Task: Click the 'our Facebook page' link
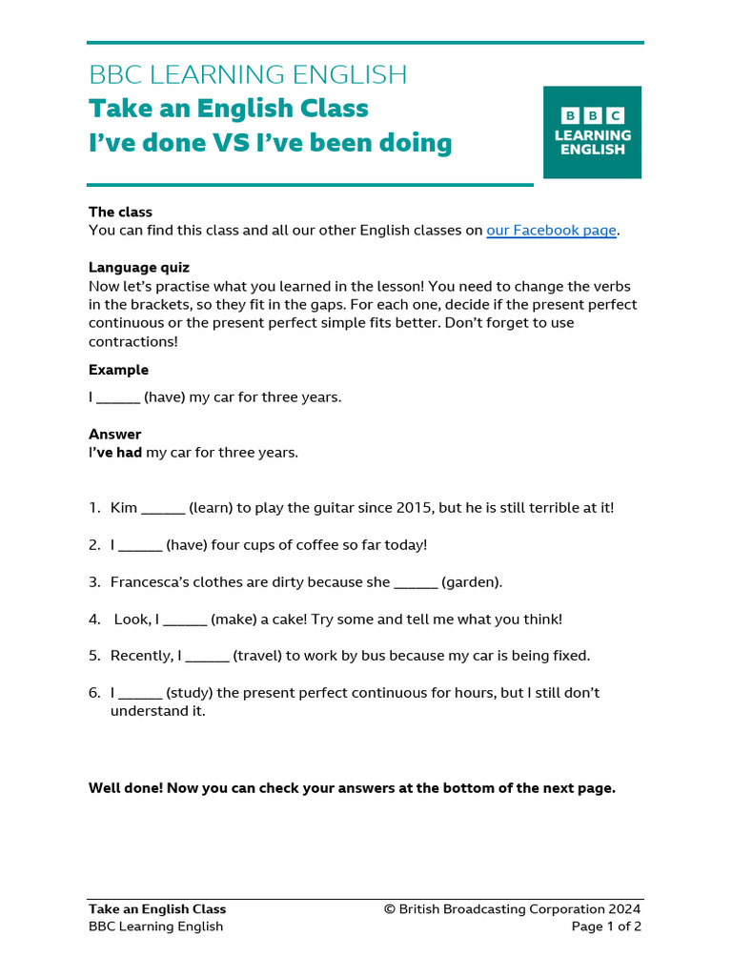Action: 551,231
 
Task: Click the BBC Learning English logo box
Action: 592,132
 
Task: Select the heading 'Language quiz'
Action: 139,268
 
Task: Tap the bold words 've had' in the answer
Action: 118,453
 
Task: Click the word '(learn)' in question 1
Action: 214,508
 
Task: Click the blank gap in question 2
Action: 141,545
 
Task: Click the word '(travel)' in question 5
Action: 263,656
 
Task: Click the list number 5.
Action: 94,656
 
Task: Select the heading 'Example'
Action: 118,370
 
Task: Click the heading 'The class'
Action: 120,213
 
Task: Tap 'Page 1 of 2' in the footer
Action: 606,926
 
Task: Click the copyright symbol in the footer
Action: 390,909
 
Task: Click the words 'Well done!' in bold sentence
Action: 125,788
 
